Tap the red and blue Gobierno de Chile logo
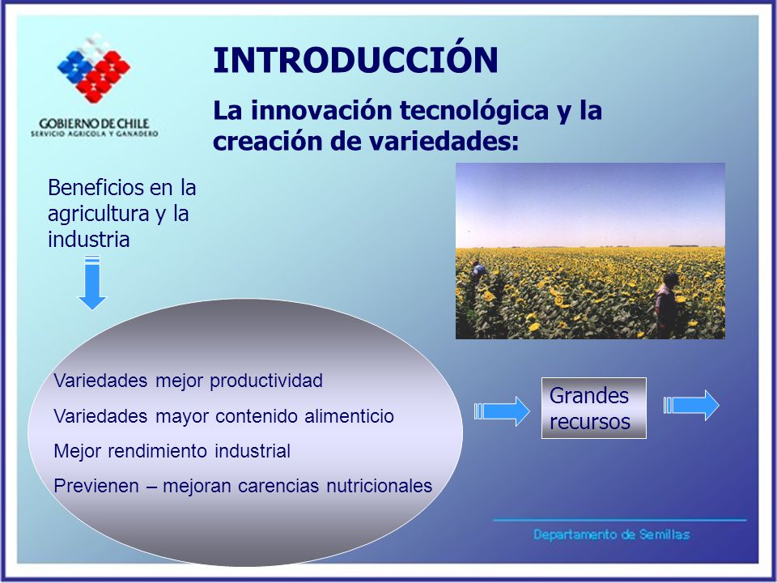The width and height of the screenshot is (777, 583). tap(94, 68)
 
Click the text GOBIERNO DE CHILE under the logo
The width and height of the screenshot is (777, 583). tap(94, 123)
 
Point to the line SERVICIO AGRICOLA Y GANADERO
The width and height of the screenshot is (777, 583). tap(94, 134)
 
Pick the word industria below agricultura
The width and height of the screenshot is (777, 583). tap(89, 240)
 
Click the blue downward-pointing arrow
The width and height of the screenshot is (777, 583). tap(92, 283)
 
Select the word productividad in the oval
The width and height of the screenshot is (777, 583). tap(266, 381)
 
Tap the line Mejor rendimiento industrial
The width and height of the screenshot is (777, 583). tap(172, 451)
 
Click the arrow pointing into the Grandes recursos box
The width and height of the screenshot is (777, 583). tap(502, 411)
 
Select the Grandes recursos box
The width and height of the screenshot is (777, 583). tap(593, 408)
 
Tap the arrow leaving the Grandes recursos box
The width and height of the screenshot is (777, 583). tap(691, 405)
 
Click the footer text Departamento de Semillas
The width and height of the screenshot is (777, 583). tap(612, 534)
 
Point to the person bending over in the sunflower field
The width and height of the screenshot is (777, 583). tap(478, 271)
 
